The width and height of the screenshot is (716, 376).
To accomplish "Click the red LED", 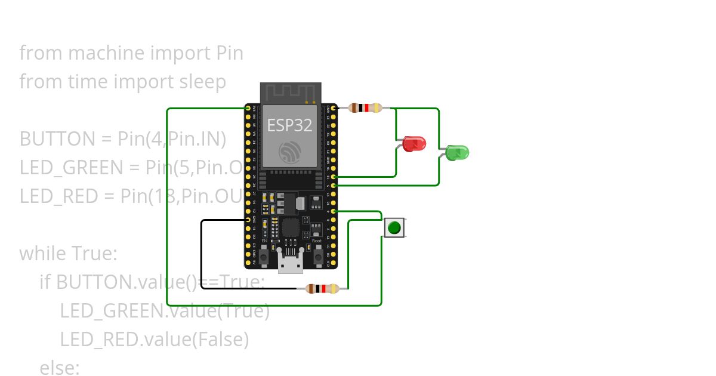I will coord(413,143).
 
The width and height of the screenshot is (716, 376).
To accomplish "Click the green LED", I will coord(457,152).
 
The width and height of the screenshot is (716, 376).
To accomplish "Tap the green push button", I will coord(394,227).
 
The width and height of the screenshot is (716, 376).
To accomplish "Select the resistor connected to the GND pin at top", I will coord(365,108).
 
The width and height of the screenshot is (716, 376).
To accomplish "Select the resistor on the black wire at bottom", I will coord(322,289).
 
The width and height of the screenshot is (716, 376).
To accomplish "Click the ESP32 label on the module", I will coord(289,125).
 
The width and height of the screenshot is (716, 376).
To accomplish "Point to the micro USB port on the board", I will coord(291,263).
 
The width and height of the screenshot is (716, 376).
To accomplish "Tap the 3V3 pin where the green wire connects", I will coord(248,108).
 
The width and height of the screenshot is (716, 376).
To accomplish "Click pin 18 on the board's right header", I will coord(334,177).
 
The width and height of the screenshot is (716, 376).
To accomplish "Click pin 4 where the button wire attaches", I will coord(334,211).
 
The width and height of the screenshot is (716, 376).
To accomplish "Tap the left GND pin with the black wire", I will coord(248,220).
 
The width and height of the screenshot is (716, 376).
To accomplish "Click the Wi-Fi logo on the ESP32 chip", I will coord(290,152).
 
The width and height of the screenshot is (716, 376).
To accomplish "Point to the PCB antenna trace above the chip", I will coord(291,93).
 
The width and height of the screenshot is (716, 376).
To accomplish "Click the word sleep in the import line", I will coord(203,81).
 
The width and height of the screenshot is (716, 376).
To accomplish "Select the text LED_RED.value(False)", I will coord(154,339).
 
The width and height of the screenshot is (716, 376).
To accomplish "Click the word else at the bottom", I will coord(59,368).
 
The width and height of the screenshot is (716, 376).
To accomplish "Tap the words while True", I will coord(68,253).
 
